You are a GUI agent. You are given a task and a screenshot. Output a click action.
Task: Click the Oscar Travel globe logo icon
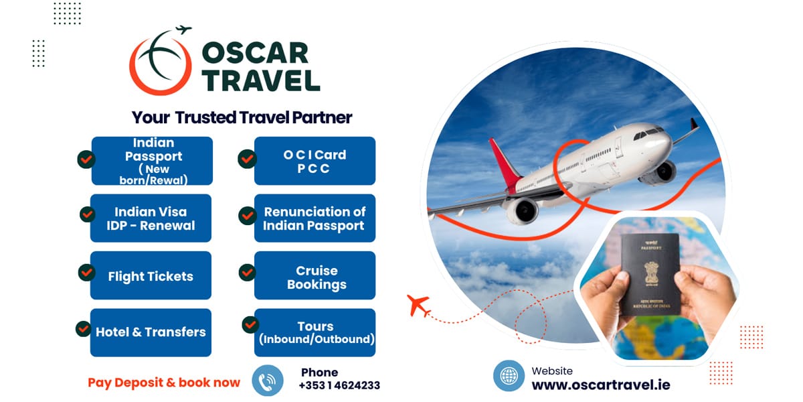click(160, 61)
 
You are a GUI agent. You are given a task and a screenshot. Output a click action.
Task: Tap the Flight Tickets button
click(151, 275)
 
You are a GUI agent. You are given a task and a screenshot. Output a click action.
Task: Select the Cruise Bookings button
click(315, 275)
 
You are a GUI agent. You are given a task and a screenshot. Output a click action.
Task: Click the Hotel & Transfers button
click(151, 332)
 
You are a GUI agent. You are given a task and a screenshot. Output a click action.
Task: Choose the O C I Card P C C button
click(315, 161)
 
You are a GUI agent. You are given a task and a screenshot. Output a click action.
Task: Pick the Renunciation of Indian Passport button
click(315, 218)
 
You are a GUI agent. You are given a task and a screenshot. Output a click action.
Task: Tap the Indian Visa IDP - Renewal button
click(151, 218)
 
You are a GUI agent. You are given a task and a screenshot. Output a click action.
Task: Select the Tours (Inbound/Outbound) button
click(315, 332)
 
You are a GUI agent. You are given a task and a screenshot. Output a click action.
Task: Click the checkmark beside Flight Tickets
click(87, 273)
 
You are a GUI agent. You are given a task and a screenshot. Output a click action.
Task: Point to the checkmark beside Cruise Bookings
click(248, 273)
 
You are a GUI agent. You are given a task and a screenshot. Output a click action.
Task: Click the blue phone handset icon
click(268, 381)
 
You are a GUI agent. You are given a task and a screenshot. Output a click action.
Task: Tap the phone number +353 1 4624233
click(339, 385)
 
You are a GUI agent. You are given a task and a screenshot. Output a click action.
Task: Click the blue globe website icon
click(509, 376)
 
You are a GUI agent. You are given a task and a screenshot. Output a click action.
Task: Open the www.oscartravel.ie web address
click(601, 385)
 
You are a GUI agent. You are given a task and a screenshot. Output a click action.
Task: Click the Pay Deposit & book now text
click(164, 383)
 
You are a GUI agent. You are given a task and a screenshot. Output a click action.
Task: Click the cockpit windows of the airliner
click(648, 133)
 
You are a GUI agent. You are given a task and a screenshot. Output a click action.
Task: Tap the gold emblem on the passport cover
click(650, 273)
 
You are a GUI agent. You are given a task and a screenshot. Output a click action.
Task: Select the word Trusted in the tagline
click(205, 117)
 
